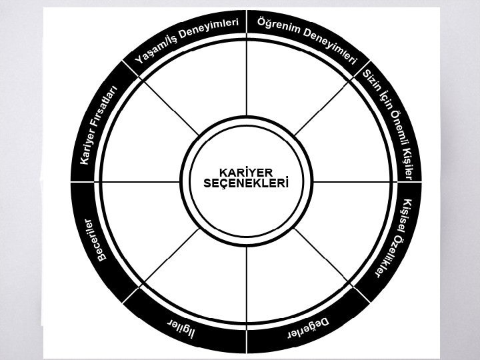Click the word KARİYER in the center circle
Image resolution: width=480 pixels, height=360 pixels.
coord(246,172)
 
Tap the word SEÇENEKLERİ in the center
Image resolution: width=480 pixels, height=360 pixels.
coord(246,182)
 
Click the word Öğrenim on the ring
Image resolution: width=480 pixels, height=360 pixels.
coord(275,25)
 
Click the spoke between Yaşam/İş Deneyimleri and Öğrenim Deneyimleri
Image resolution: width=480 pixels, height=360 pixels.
coord(247,80)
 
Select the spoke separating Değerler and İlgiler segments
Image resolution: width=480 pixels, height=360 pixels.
coord(247,280)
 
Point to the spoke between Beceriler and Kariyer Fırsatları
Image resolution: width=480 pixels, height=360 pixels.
coord(143,181)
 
